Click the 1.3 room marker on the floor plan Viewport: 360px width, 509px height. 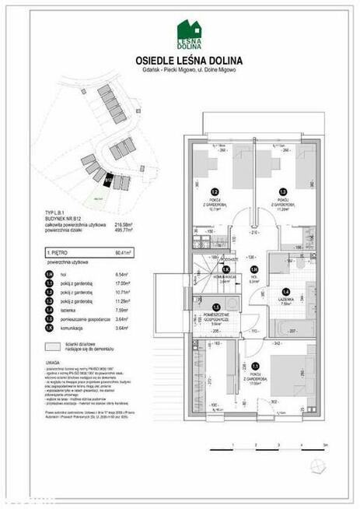coord(284,192)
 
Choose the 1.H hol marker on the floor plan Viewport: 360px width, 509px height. coord(253,270)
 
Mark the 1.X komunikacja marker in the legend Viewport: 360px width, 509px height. coord(51,329)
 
